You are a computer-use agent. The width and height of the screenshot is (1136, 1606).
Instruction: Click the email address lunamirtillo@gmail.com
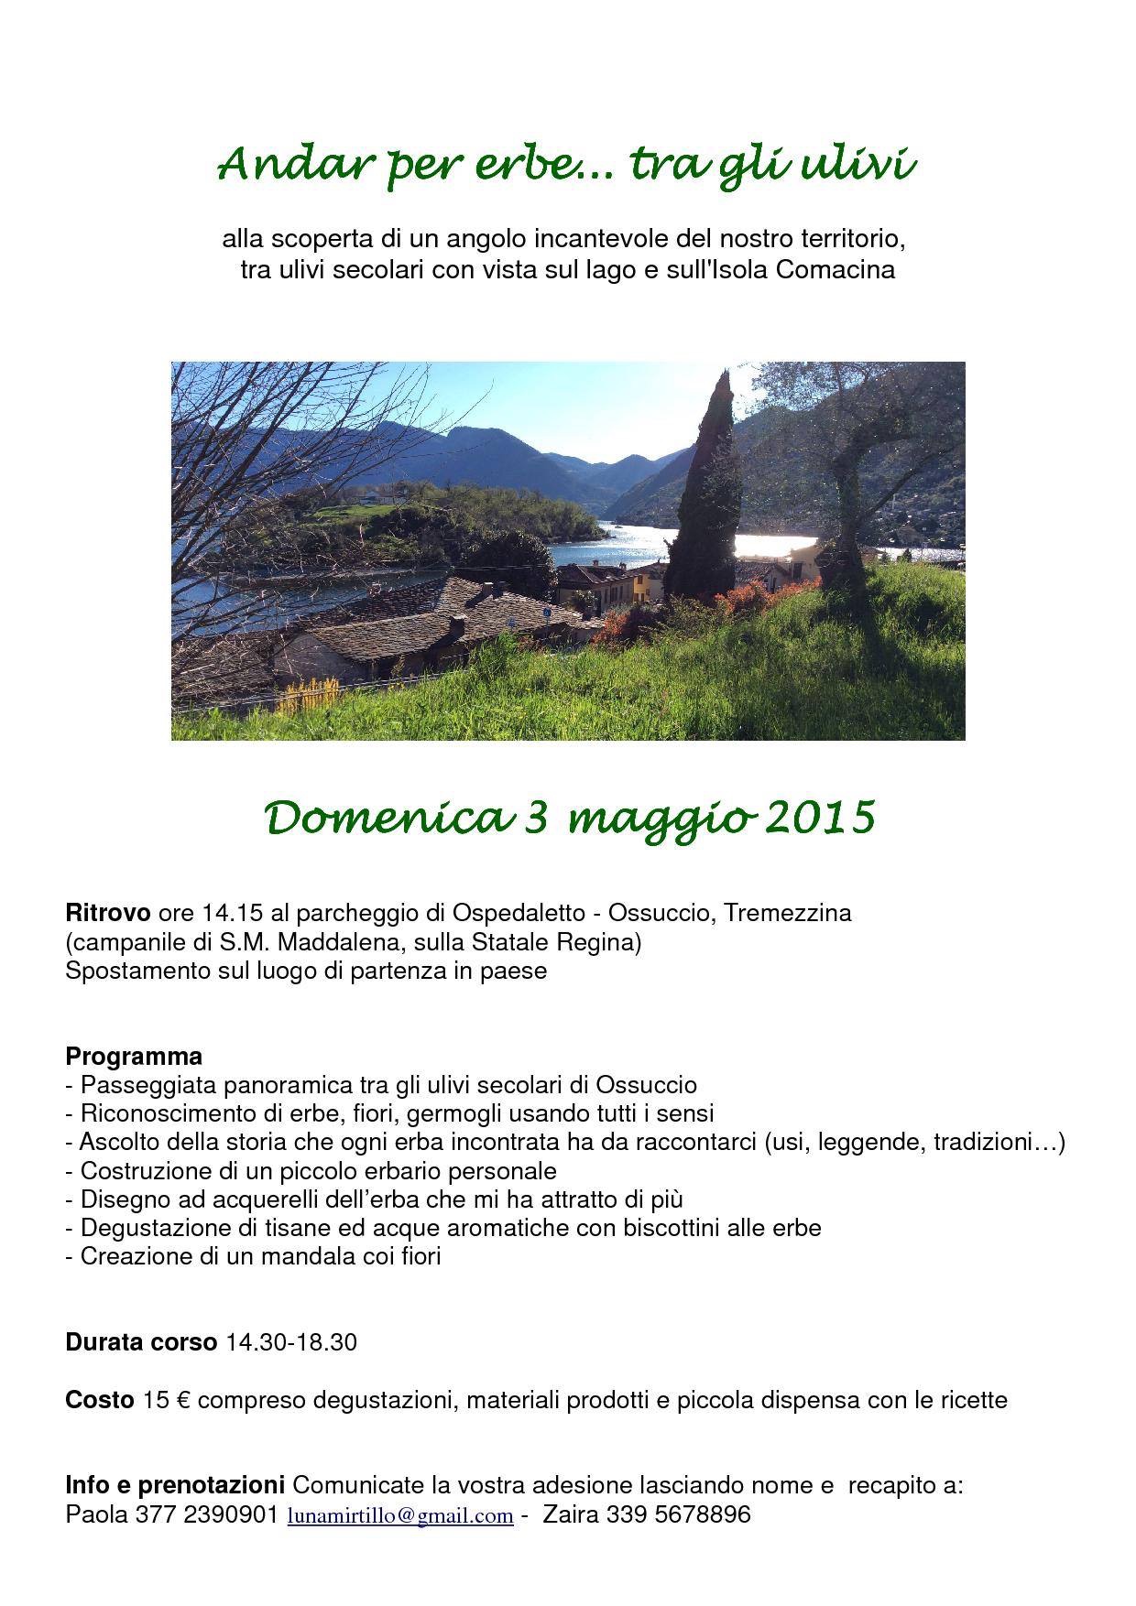point(399,1516)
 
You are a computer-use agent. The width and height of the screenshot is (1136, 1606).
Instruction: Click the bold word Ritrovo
point(107,913)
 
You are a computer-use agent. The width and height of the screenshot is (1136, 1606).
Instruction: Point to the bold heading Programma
point(134,1056)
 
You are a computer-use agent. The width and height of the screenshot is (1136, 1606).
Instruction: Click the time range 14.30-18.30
point(291,1343)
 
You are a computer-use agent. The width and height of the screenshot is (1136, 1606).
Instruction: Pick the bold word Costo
point(99,1400)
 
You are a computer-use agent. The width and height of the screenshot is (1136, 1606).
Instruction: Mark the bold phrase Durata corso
point(141,1343)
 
